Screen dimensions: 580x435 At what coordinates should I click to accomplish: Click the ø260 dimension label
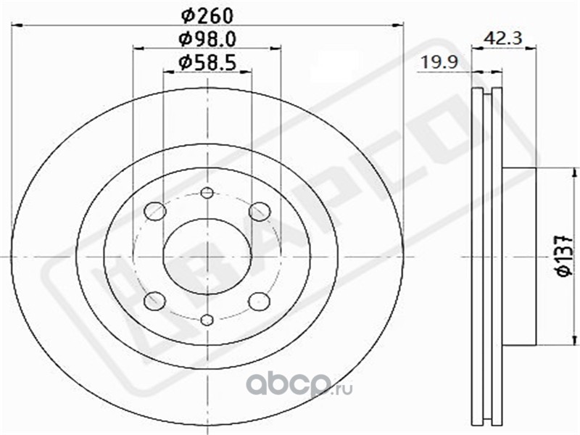pos(207,15)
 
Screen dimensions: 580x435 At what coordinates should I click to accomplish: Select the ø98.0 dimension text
pos(207,39)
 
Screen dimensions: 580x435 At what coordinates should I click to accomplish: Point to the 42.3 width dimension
pos(503,38)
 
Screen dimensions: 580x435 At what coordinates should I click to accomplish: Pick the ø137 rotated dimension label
pos(565,255)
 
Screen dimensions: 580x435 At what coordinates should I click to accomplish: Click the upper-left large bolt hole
pos(155,212)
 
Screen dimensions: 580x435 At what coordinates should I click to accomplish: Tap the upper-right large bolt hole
pos(260,212)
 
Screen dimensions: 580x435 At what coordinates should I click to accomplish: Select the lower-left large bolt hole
pos(154,301)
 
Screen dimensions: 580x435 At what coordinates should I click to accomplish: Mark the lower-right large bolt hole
pos(259,301)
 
